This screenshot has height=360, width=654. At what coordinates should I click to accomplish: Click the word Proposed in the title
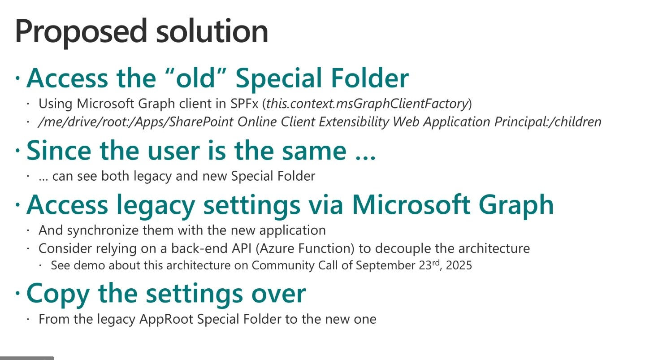(81, 32)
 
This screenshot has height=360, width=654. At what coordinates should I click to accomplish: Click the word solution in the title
(212, 30)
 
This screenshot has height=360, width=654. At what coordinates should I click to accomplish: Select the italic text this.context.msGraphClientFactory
(367, 104)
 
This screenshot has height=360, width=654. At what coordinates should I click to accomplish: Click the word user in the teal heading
(173, 151)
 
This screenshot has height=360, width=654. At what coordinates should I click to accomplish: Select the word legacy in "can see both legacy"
(152, 177)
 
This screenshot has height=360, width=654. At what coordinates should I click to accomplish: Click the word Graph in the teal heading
(516, 205)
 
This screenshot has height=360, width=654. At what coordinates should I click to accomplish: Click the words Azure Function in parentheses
(305, 249)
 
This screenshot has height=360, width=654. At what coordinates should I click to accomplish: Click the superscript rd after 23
(436, 262)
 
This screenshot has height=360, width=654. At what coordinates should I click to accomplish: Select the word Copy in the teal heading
(58, 294)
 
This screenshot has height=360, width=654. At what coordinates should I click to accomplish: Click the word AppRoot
(166, 319)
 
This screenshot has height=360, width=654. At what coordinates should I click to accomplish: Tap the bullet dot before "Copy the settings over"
(18, 293)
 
